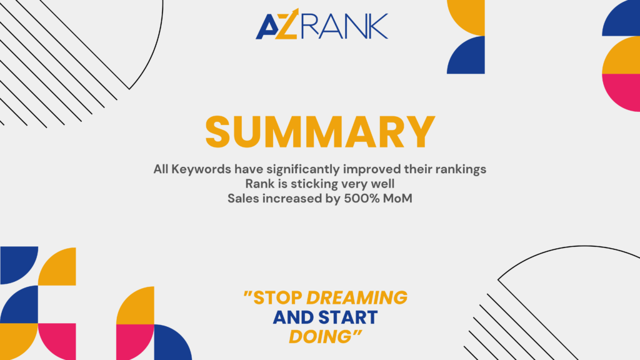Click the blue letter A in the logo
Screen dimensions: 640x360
pos(266,27)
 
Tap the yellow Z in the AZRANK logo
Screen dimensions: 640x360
pos(286,24)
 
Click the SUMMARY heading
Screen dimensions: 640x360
pos(320,132)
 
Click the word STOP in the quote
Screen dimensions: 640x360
pos(277,298)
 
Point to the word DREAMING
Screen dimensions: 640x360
pos(357,298)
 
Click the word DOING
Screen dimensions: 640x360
pos(321,337)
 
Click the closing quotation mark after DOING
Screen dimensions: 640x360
pos(357,333)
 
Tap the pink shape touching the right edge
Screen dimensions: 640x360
pos(621,92)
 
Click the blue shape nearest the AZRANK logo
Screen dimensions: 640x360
pos(466,55)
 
